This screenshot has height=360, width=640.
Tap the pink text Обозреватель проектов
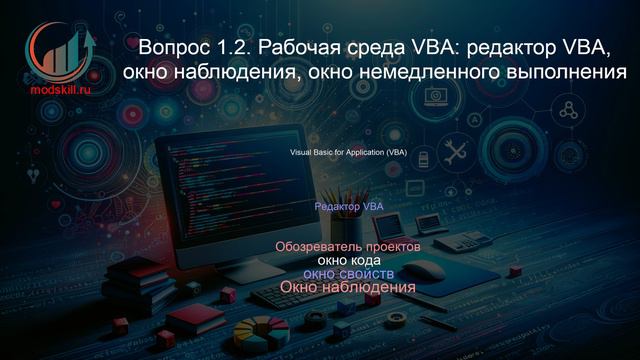347,246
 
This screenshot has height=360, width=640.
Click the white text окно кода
348,260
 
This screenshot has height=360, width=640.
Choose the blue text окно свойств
348,274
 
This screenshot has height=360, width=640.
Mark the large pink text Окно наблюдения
347,289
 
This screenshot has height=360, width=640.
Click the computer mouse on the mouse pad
424,268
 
